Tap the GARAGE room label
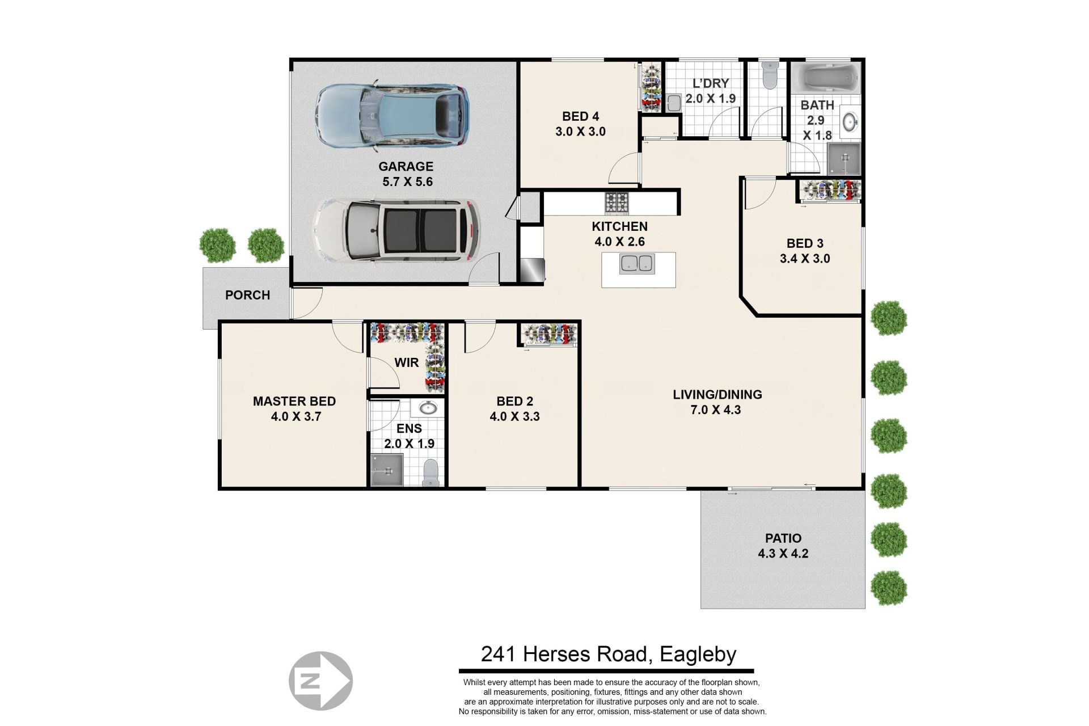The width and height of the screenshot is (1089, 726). (406, 166)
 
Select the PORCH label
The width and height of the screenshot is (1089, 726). (247, 295)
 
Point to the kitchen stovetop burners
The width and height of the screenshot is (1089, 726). (617, 202)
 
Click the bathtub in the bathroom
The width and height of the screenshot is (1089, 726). (825, 78)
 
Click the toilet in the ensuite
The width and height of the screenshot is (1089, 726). (431, 472)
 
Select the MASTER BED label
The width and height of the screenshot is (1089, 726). (294, 401)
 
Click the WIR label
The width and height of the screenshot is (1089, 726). (407, 362)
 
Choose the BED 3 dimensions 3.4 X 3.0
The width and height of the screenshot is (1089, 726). (805, 259)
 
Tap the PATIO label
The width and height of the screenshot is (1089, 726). (783, 538)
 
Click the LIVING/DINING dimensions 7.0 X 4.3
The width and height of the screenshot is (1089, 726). (716, 410)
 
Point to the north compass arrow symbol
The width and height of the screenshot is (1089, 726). (320, 681)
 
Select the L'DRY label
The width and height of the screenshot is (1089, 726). (710, 83)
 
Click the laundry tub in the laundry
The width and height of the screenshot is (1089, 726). (673, 103)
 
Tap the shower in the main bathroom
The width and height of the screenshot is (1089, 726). (844, 158)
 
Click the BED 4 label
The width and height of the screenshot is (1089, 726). (580, 116)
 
